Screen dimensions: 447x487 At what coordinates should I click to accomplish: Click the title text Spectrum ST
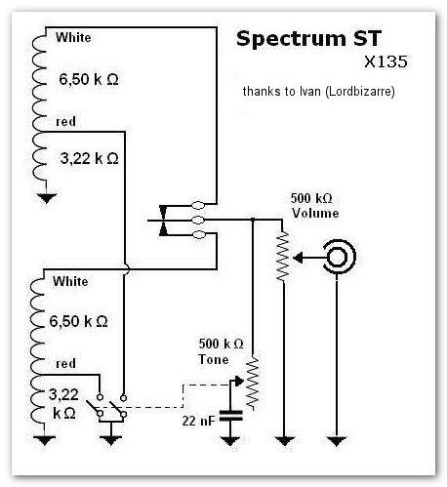308,39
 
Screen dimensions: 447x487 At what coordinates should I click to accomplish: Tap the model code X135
386,61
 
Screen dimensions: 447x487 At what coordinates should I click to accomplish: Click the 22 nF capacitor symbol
230,416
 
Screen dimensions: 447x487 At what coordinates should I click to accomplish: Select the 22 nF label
198,421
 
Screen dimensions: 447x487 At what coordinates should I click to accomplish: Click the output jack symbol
340,257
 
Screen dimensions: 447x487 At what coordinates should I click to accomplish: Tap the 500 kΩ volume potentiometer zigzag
282,256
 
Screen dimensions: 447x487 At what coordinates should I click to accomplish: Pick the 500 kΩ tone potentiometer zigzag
253,383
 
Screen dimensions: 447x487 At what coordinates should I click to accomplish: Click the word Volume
315,213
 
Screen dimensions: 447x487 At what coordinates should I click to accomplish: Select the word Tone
214,359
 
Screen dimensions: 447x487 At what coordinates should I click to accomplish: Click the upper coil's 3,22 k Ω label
90,159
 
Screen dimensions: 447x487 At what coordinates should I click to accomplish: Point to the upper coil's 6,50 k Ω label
89,79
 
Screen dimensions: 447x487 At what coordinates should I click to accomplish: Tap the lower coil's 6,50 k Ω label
78,321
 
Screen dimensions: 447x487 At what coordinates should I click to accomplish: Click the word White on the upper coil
73,37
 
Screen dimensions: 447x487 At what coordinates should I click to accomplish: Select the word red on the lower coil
65,364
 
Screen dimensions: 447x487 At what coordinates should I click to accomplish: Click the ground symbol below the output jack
337,441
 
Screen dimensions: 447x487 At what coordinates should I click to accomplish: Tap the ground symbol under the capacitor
230,441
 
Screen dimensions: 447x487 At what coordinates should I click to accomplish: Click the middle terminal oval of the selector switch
198,221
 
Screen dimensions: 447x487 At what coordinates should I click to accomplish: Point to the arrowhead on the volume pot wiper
298,258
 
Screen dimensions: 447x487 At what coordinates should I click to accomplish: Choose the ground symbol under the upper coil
47,198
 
